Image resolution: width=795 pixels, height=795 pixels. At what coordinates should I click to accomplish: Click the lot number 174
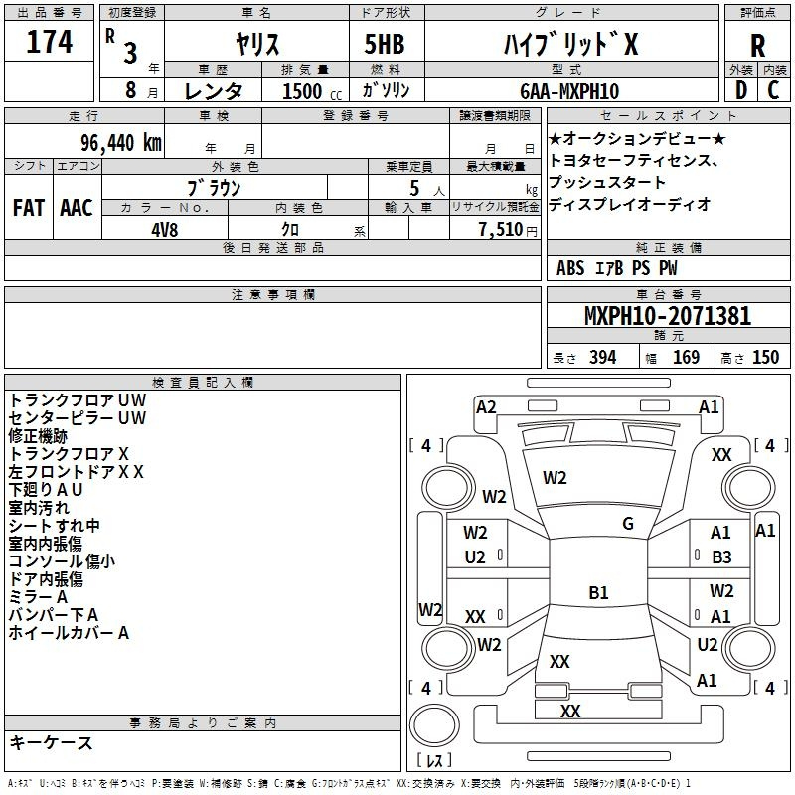[x=50, y=43]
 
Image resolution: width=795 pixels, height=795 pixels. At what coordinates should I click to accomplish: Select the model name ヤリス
[x=255, y=44]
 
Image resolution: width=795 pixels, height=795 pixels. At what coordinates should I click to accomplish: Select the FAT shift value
[x=28, y=207]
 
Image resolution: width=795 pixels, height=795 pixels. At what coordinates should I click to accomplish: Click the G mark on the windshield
[x=628, y=524]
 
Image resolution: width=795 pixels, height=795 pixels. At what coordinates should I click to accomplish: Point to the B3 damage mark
[x=721, y=557]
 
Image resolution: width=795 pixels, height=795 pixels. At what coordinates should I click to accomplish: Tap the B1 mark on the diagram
[x=598, y=593]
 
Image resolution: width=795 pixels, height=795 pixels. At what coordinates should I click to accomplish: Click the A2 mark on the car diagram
[x=486, y=406]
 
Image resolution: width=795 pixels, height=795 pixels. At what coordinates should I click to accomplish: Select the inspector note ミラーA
[x=38, y=597]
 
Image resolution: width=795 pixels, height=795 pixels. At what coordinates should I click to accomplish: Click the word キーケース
[x=51, y=743]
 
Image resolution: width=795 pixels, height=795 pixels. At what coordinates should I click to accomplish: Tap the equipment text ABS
[x=570, y=268]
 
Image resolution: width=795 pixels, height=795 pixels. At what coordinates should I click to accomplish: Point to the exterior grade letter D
[x=740, y=91]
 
